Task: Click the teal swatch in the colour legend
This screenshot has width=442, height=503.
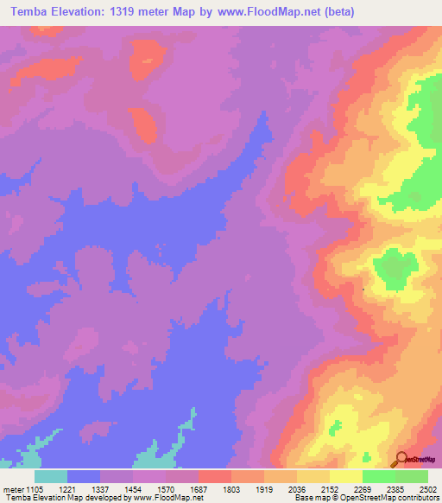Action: [51, 476]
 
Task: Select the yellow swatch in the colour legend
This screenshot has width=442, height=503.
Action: [346, 476]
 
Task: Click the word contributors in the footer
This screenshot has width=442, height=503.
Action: [418, 498]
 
